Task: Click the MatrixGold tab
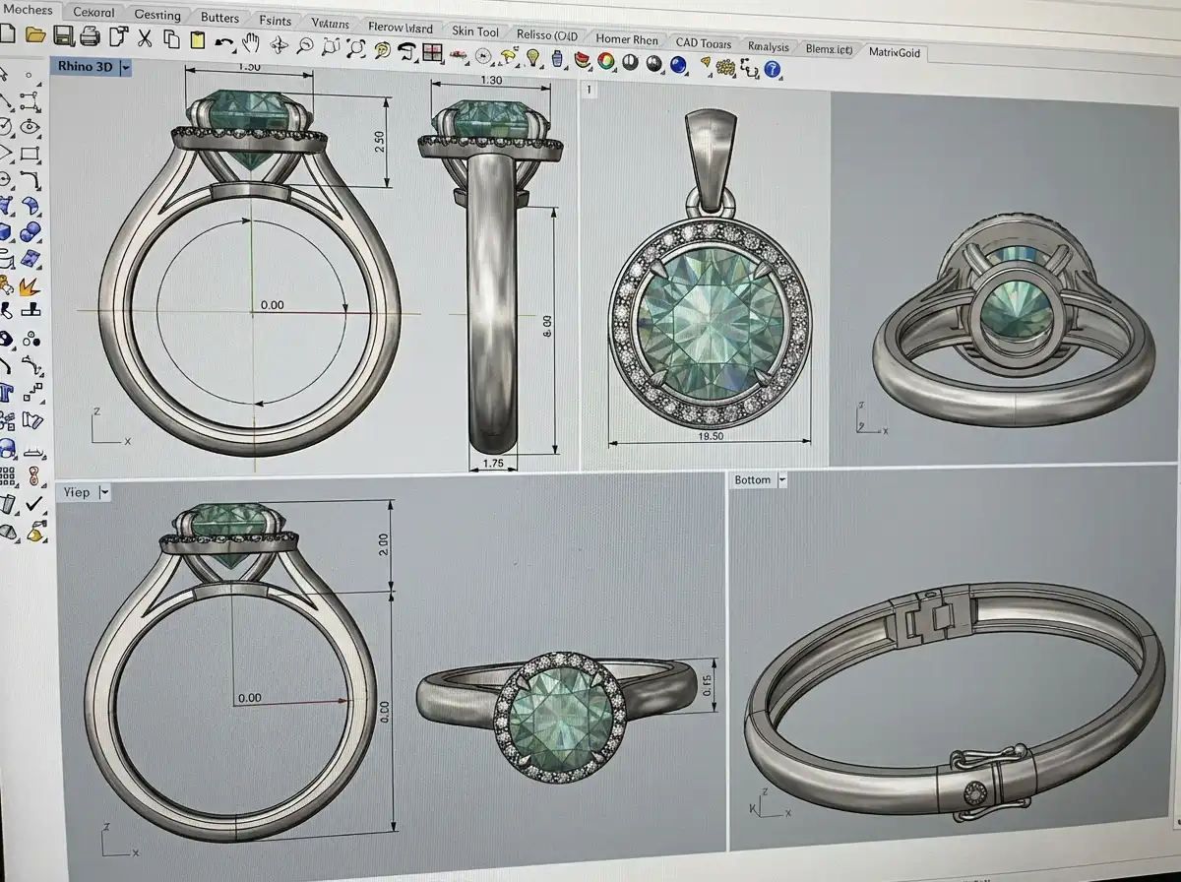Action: coord(894,52)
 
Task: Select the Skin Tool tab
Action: coord(475,31)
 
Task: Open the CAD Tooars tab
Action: coord(703,42)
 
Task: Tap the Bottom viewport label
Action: coord(753,479)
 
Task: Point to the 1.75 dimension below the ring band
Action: coord(493,462)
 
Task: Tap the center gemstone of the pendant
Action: coord(707,317)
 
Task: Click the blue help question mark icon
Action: coord(773,69)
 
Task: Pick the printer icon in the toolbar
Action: coord(90,37)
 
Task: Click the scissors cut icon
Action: coord(145,38)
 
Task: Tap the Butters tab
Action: coord(218,17)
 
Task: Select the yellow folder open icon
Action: coord(35,35)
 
